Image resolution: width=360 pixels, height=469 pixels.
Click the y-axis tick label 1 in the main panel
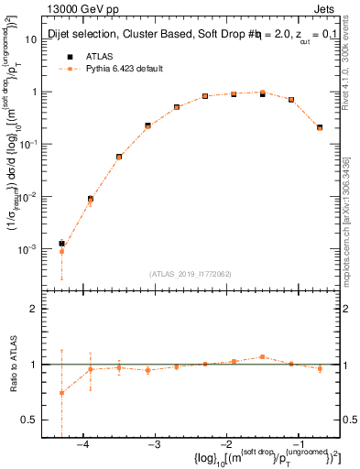[x=33, y=92]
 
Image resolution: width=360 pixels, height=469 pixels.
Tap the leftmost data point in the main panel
[x=61, y=244]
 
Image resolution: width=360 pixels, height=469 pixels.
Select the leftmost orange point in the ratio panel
[x=61, y=393]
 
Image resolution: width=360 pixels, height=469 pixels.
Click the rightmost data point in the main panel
[x=320, y=127]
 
